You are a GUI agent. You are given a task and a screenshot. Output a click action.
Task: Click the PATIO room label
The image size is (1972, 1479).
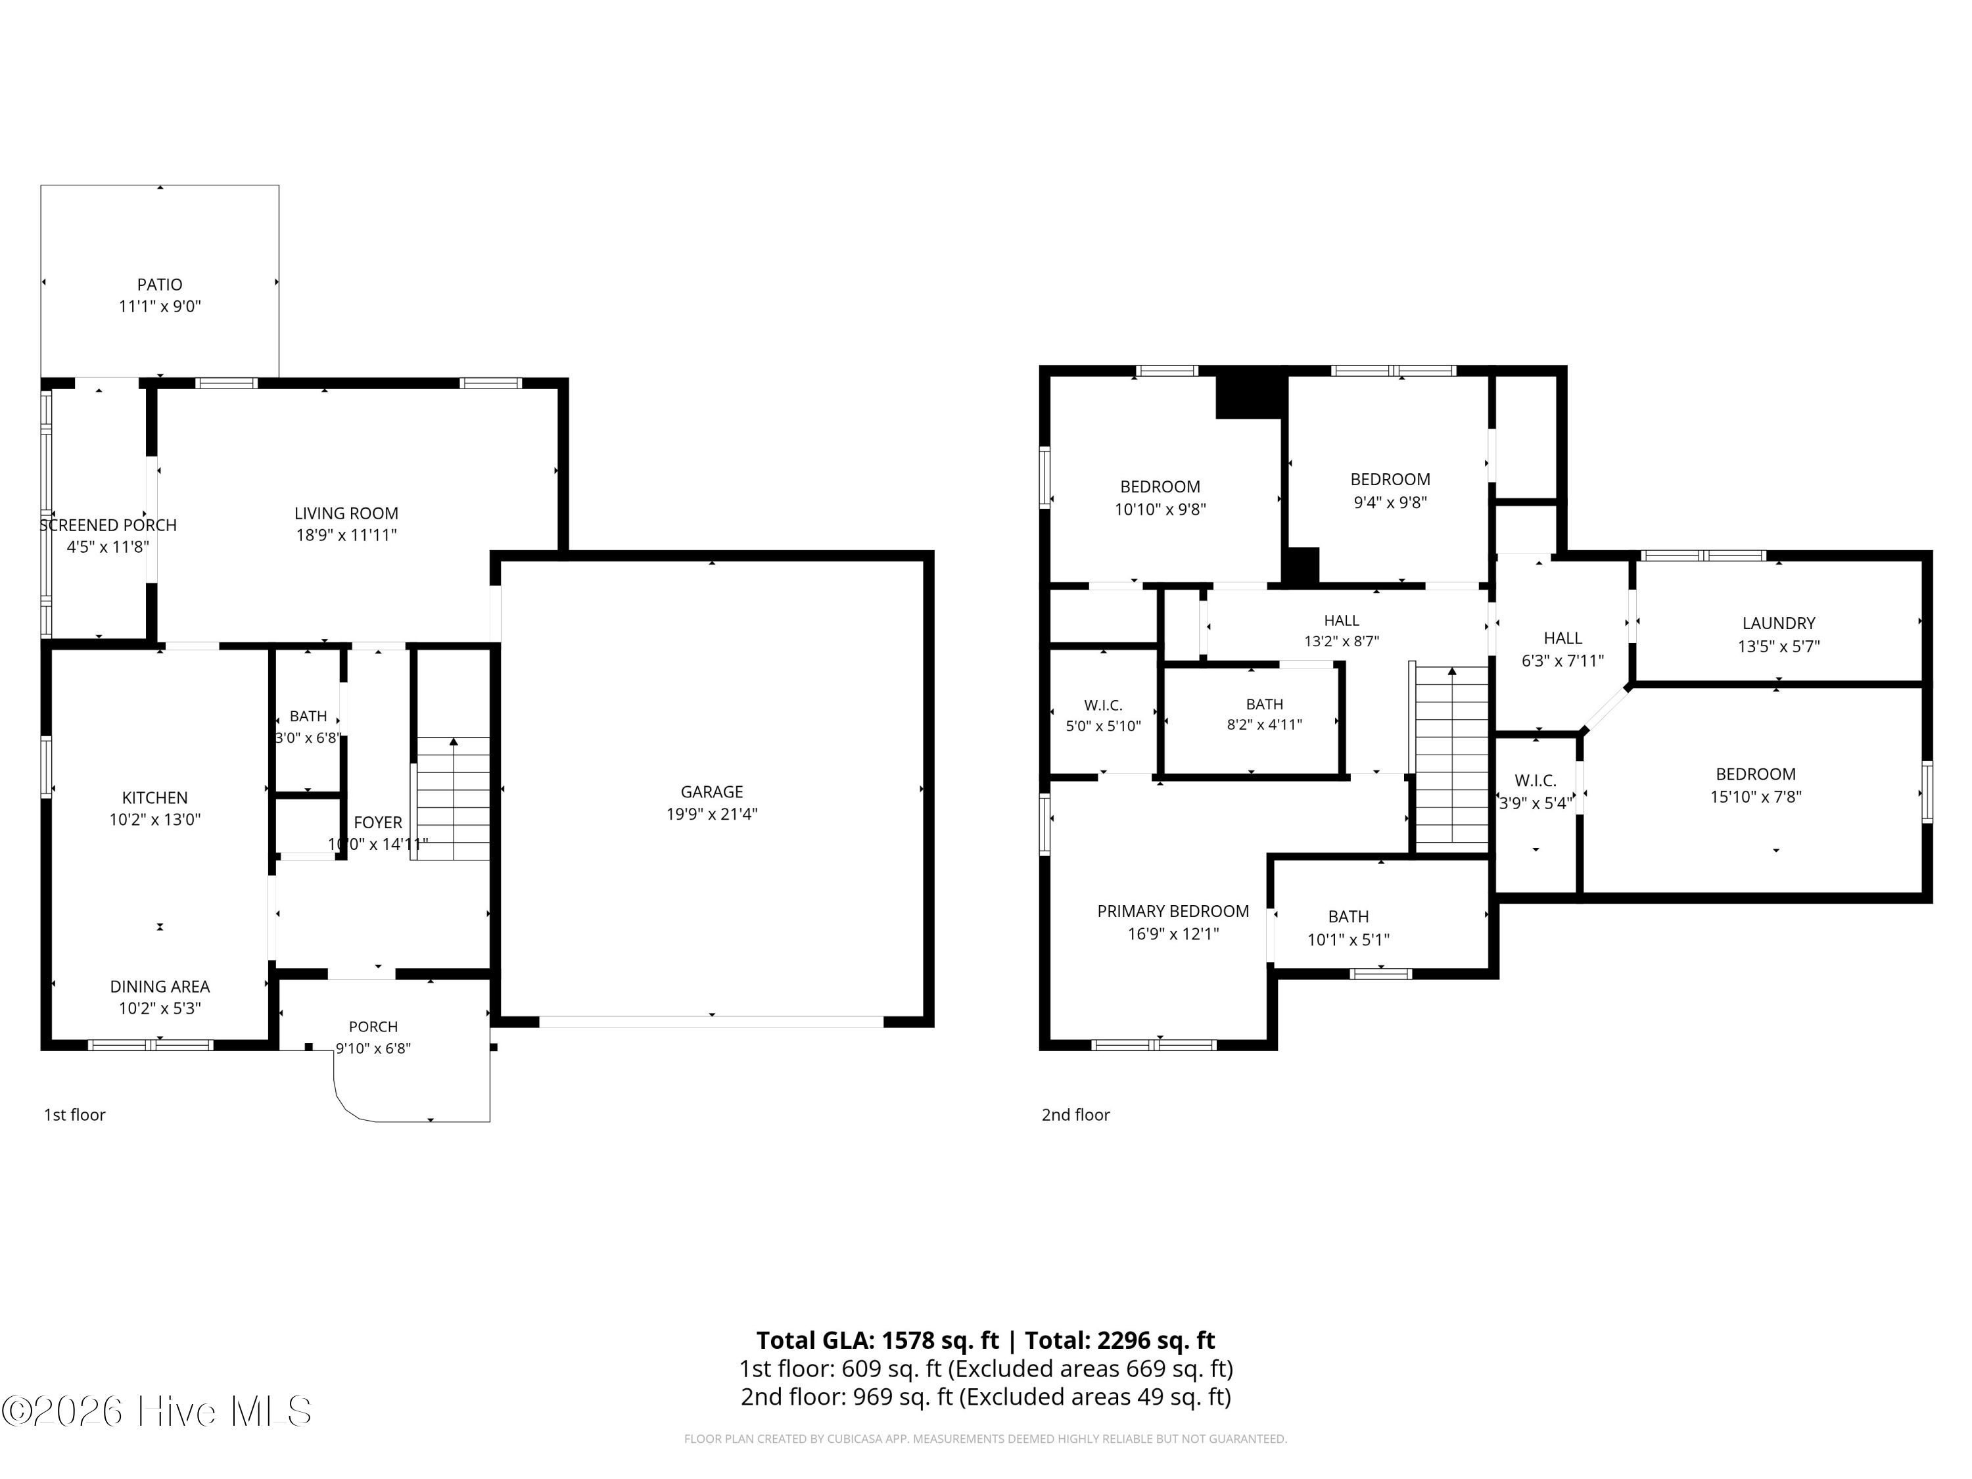tap(160, 285)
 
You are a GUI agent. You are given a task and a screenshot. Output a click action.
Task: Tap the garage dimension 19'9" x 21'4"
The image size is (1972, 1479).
tap(711, 814)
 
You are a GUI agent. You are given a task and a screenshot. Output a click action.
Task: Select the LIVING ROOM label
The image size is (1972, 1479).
tap(346, 513)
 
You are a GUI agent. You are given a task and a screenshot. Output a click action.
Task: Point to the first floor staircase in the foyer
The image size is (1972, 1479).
tap(454, 799)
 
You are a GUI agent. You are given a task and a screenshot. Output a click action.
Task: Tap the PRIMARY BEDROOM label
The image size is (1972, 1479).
tap(1172, 911)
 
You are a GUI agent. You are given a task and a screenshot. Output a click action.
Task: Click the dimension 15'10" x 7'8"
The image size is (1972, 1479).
tap(1755, 797)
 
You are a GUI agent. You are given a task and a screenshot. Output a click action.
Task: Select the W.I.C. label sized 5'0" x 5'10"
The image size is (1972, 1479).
tap(1103, 705)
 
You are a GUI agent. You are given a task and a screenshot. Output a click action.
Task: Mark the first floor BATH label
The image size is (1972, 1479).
tap(308, 716)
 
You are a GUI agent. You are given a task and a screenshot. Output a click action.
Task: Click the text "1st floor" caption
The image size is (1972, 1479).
tap(75, 1114)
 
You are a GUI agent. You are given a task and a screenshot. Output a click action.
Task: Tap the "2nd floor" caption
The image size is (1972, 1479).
tap(1075, 1114)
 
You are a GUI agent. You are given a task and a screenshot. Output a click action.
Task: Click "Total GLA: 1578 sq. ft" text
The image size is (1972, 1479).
tap(878, 1340)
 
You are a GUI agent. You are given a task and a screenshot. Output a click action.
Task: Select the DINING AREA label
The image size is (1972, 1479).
tap(160, 986)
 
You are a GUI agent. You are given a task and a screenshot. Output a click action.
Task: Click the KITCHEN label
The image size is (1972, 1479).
tap(155, 798)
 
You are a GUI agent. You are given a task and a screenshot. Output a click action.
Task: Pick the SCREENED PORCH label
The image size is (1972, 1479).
tap(108, 525)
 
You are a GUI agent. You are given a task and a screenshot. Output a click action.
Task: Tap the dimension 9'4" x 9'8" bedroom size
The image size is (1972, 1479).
tap(1390, 502)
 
